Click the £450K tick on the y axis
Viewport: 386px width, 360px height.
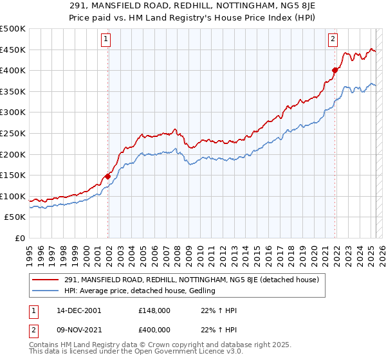(13, 50)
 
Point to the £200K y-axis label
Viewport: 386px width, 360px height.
(13, 154)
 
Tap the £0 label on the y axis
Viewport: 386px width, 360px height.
(19, 238)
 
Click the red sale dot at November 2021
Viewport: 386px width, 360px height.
(335, 70)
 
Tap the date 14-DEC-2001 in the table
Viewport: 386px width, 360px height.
(78, 310)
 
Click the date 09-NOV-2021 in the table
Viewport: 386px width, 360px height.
(78, 329)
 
